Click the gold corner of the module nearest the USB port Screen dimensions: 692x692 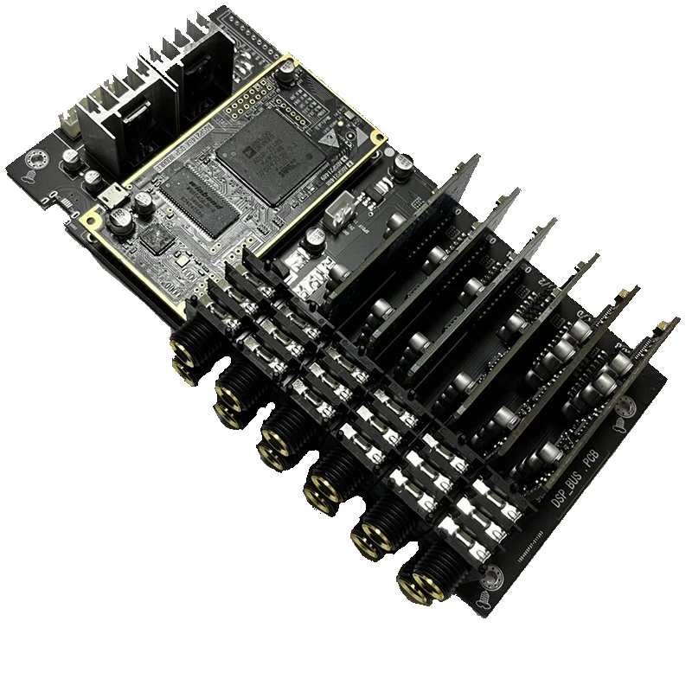(87, 220)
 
